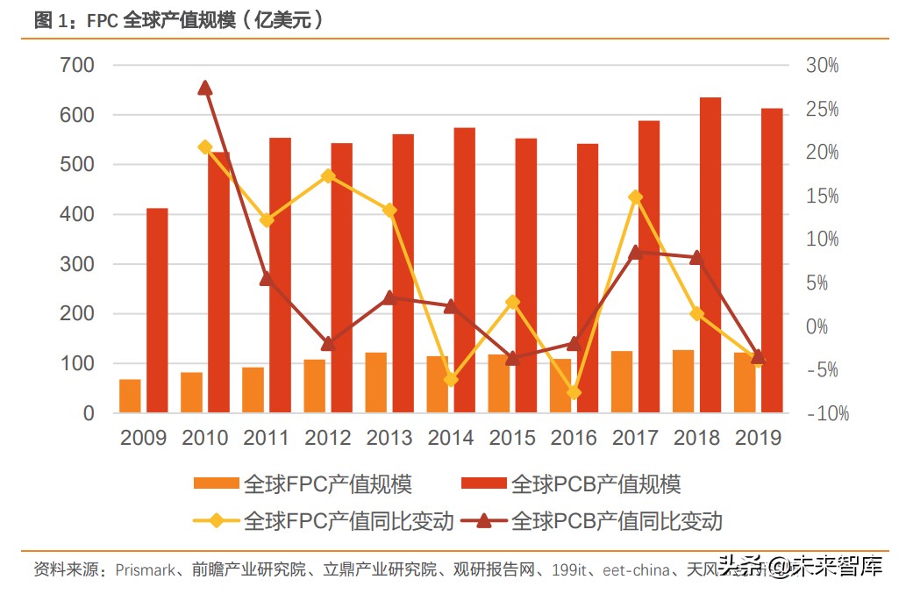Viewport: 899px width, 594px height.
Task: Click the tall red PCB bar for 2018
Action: point(710,254)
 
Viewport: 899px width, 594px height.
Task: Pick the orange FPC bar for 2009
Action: point(130,396)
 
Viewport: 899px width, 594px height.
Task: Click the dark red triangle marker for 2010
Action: point(205,88)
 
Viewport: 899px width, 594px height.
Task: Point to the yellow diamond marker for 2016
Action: point(574,392)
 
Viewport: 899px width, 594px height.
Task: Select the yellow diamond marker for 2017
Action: point(635,197)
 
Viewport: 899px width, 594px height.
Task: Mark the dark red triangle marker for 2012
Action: point(328,343)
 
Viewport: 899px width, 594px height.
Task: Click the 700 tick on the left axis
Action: point(78,66)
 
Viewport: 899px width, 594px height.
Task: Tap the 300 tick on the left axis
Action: point(78,264)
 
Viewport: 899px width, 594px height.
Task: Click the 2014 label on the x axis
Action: point(451,438)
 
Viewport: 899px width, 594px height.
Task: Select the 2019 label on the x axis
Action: point(758,438)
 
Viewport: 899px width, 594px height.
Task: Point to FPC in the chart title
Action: point(103,21)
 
